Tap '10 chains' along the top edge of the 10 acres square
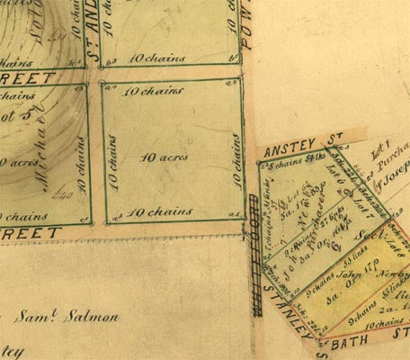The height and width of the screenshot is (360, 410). coord(147,92)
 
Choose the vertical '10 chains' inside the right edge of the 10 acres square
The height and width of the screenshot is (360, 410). coord(236,155)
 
